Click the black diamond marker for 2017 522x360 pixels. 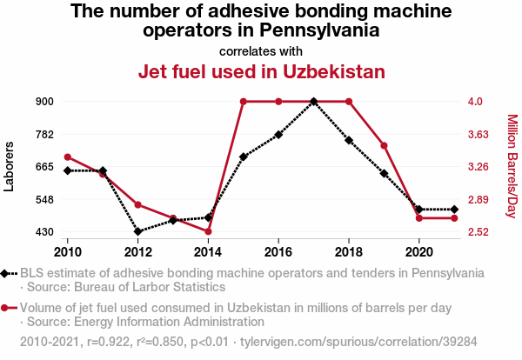point(313,102)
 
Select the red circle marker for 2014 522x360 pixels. point(208,231)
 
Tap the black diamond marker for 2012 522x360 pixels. point(137,231)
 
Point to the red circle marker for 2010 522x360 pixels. point(68,157)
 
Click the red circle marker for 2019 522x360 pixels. point(384,145)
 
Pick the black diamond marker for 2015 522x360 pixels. point(243,157)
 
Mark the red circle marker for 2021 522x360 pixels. point(454,218)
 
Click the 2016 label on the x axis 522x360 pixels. point(278,251)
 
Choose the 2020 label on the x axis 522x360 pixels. point(418,251)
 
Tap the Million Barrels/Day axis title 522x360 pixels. point(512,166)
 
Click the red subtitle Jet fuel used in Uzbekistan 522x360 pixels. point(261,71)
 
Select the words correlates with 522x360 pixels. point(261,50)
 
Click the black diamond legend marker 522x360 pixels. point(8,273)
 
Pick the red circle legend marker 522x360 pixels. point(8,308)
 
